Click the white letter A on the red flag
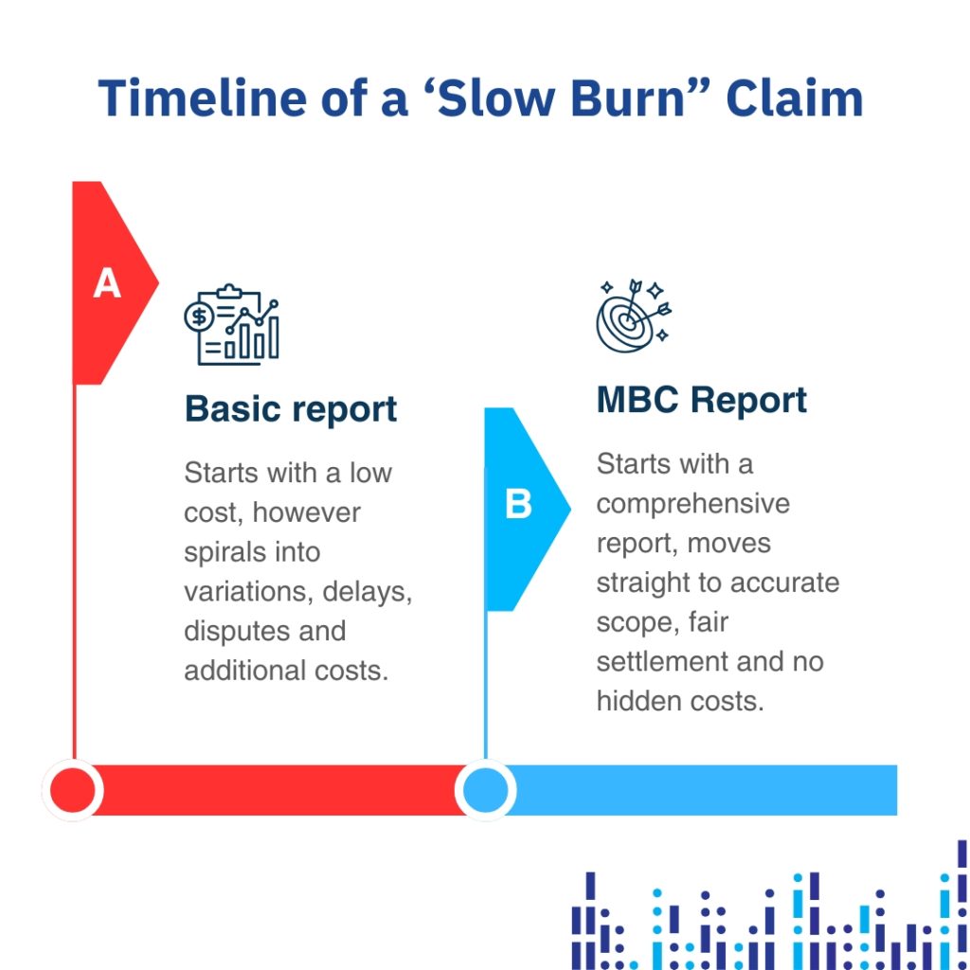pos(107,283)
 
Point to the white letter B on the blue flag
pos(518,505)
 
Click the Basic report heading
pos(291,409)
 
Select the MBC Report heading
pos(701,400)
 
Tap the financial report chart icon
pos(232,325)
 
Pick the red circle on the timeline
pos(73,790)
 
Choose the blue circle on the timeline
pos(485,790)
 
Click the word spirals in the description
pos(223,552)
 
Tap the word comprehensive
pos(692,503)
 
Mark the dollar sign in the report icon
pos(199,316)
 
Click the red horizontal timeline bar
pos(275,790)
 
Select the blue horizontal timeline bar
pos(701,790)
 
